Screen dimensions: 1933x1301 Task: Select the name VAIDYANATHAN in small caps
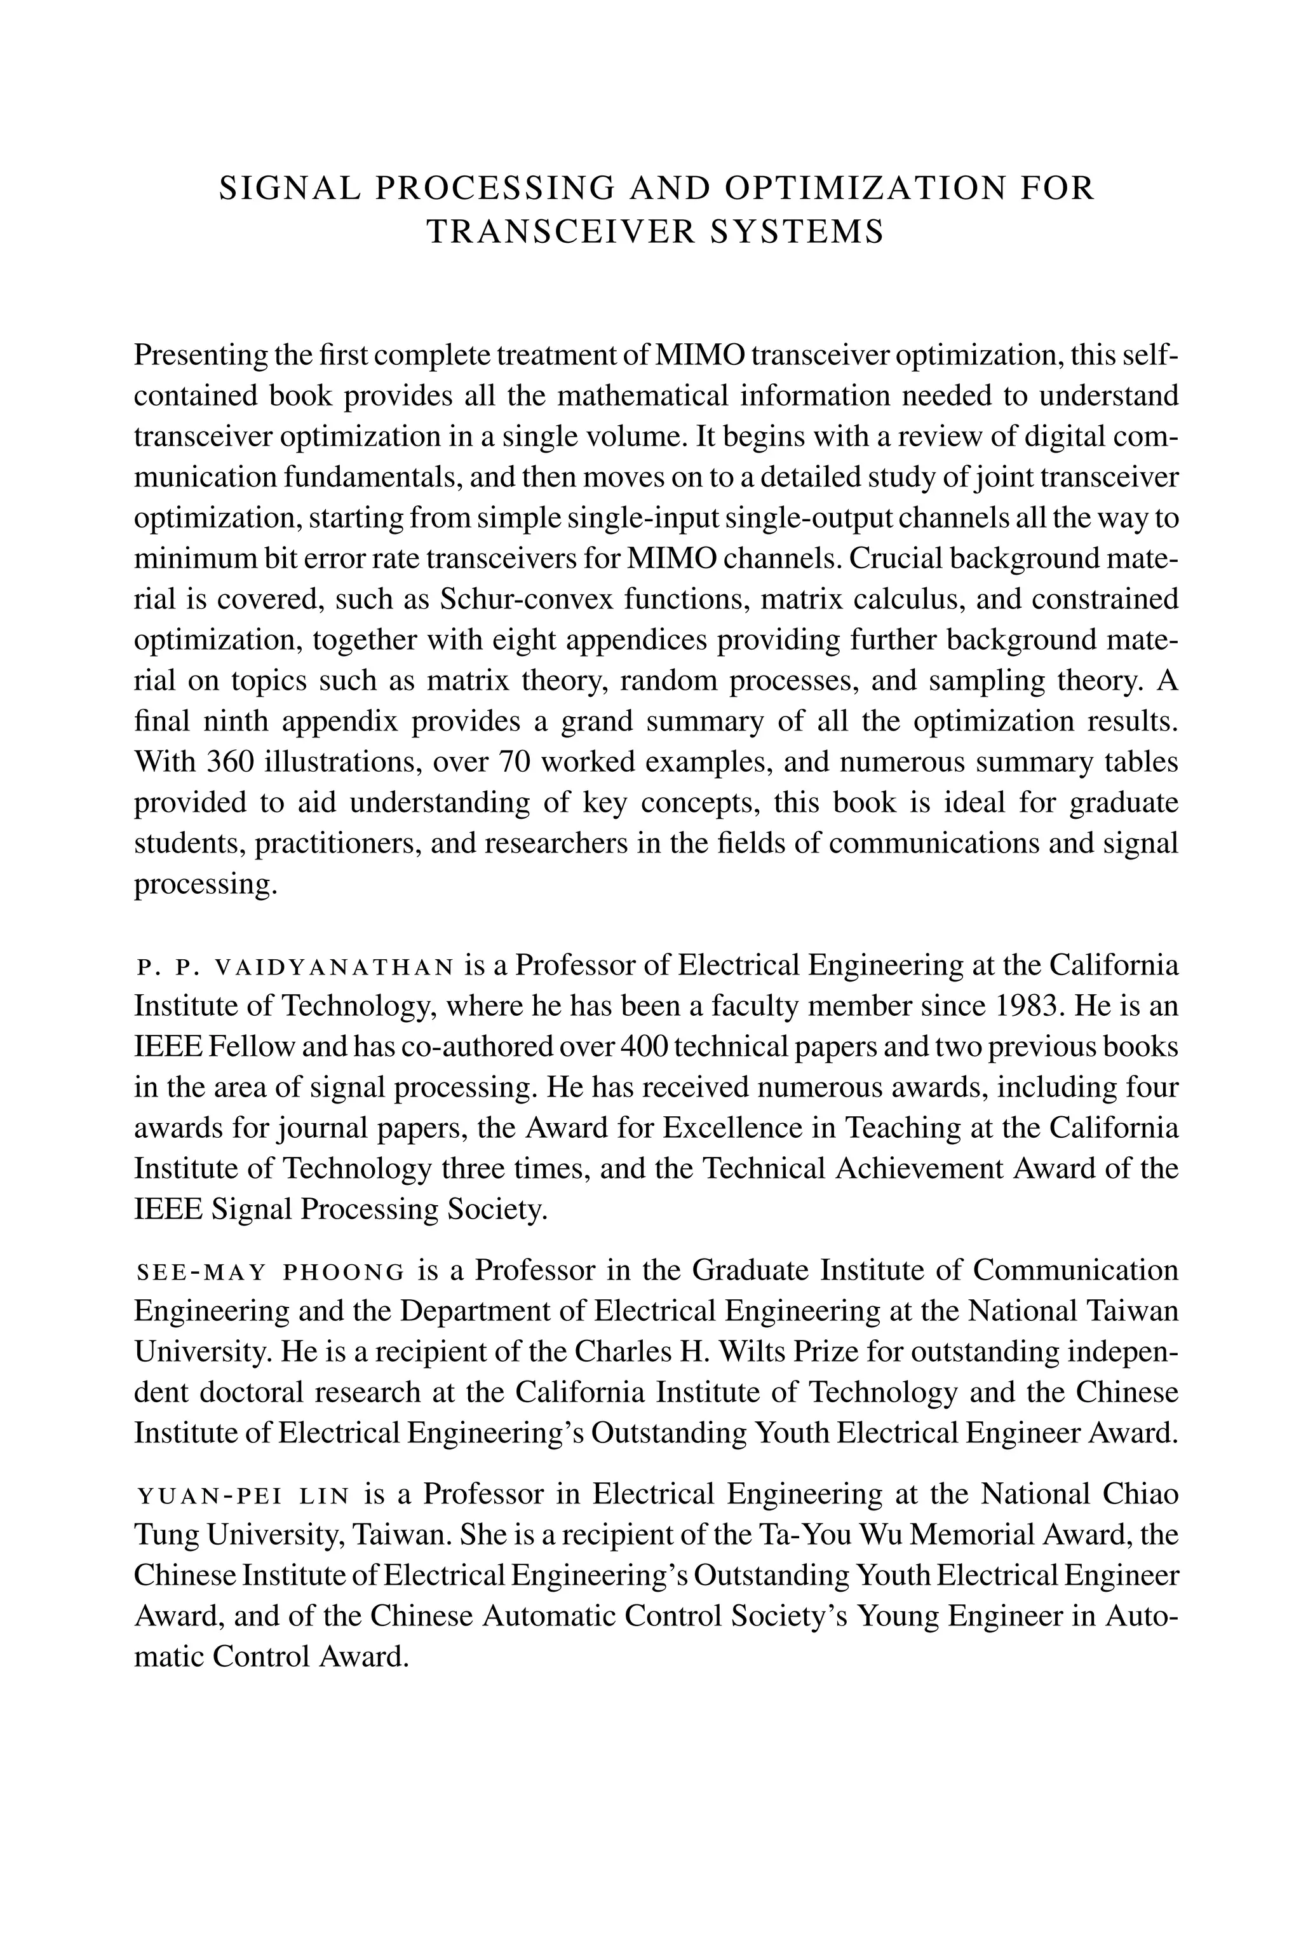point(334,967)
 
